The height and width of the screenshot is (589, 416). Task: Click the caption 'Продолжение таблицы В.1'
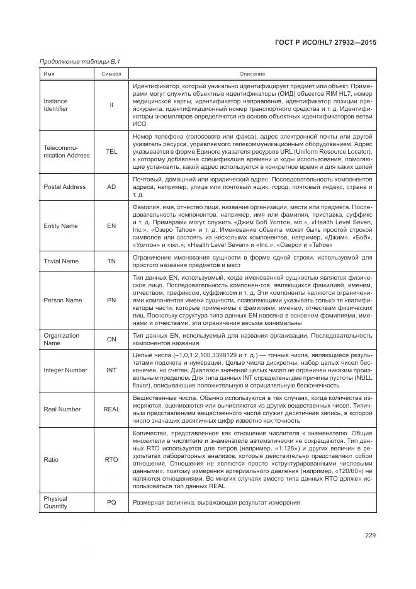point(79,61)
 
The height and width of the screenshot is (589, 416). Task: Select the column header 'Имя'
point(48,74)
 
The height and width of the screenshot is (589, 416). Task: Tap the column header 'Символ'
point(111,74)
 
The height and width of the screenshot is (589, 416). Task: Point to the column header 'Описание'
point(252,74)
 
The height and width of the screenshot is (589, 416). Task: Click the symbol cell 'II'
point(111,105)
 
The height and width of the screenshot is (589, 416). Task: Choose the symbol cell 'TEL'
point(111,151)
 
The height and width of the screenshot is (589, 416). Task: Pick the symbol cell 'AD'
point(111,187)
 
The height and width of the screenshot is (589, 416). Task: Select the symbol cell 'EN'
point(111,226)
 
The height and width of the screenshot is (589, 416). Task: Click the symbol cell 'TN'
point(111,260)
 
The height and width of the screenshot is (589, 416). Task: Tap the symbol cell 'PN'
point(111,300)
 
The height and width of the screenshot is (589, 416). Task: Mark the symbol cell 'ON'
point(111,339)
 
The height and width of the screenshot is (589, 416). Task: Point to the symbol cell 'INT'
point(111,370)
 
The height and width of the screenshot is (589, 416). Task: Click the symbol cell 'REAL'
point(111,409)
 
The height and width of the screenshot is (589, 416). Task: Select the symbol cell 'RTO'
point(111,459)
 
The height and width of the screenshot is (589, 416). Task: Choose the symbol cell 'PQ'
point(111,502)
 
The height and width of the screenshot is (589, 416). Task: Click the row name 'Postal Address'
point(64,187)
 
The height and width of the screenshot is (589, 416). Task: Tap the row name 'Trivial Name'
point(61,260)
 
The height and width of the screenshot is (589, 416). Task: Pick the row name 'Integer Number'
point(65,370)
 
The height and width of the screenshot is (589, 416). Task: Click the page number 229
point(369,535)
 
